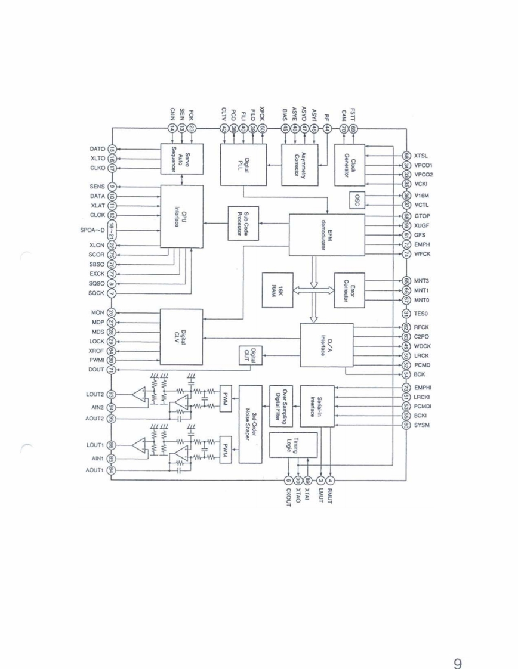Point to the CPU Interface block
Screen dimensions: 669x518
(x=182, y=216)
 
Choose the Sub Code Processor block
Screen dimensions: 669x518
(x=242, y=224)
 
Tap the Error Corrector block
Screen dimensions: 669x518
(x=349, y=290)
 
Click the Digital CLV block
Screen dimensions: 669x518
(x=182, y=335)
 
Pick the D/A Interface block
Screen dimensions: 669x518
(x=326, y=345)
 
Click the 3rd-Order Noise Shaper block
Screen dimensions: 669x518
(x=250, y=424)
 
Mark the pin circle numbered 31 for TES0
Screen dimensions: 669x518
(x=405, y=314)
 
